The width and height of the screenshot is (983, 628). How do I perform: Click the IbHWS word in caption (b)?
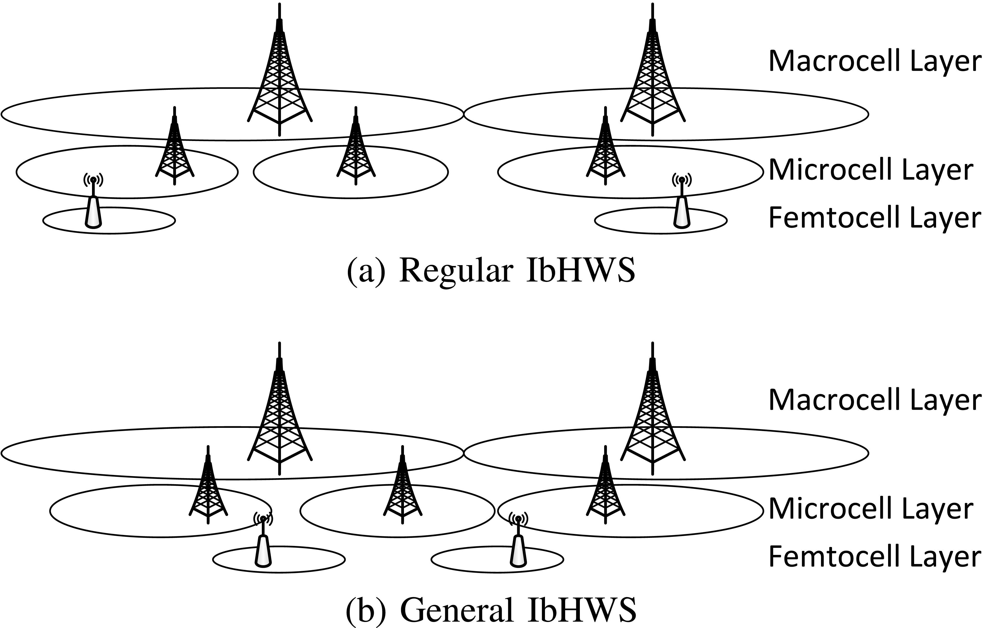581,610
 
